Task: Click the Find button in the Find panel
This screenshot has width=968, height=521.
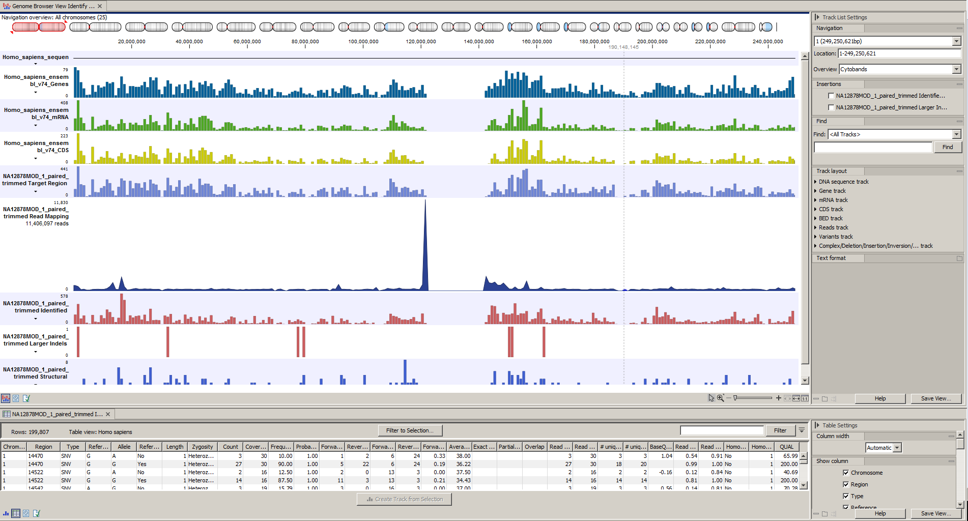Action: [x=947, y=147]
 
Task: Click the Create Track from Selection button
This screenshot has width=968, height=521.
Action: [x=405, y=499]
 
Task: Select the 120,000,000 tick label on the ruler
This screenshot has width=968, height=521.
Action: [x=421, y=42]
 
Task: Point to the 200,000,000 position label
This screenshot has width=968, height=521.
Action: [x=652, y=42]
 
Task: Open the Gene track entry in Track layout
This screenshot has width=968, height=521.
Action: [x=832, y=191]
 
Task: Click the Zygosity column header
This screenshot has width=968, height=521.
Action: [x=203, y=447]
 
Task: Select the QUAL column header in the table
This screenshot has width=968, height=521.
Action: [x=786, y=447]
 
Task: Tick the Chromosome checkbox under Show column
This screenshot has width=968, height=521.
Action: [x=846, y=473]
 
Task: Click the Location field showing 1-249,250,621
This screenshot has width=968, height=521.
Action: [x=899, y=53]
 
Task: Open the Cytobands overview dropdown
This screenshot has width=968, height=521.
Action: [x=956, y=69]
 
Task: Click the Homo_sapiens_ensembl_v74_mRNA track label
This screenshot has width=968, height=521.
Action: [x=36, y=113]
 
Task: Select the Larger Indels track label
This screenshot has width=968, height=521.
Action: [x=36, y=340]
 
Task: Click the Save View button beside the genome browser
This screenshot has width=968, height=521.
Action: [x=935, y=398]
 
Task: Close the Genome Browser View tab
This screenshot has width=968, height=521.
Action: [x=100, y=6]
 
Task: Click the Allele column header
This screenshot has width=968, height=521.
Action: [x=124, y=447]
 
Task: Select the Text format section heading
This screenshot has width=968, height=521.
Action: [x=831, y=258]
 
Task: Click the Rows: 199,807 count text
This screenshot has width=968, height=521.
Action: [x=30, y=432]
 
